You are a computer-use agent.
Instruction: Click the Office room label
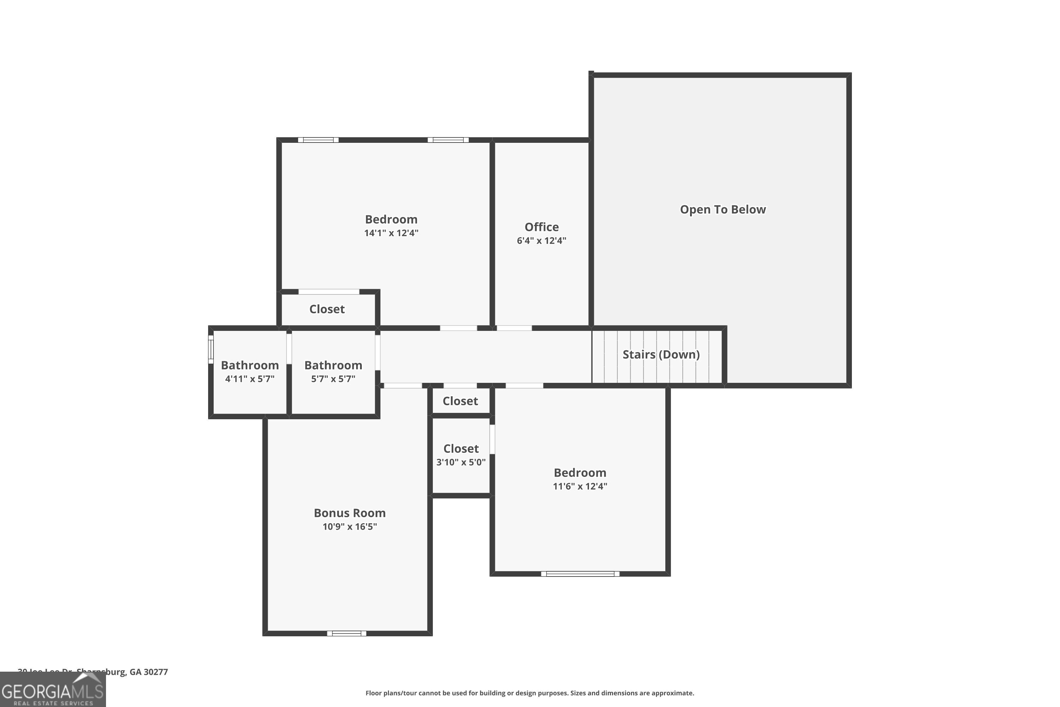click(541, 227)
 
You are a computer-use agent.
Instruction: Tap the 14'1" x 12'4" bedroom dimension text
click(391, 233)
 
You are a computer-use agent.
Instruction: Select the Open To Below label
click(723, 209)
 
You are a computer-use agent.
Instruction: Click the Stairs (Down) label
click(661, 355)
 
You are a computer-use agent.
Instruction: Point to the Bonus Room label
click(349, 513)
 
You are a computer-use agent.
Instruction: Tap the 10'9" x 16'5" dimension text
click(349, 527)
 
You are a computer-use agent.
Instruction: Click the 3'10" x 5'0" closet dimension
click(461, 462)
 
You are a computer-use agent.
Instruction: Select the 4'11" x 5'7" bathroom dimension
click(250, 379)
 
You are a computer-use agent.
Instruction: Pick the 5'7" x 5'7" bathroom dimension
click(333, 379)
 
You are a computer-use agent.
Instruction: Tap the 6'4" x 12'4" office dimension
click(541, 241)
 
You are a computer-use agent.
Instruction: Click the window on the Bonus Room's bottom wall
click(346, 633)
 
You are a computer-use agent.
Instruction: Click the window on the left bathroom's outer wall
click(211, 350)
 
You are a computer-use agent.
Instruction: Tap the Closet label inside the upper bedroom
click(327, 309)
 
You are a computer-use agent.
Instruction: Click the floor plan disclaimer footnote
click(530, 693)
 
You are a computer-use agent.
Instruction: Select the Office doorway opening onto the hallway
click(514, 328)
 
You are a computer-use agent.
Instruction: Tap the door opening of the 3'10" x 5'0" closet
click(492, 439)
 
